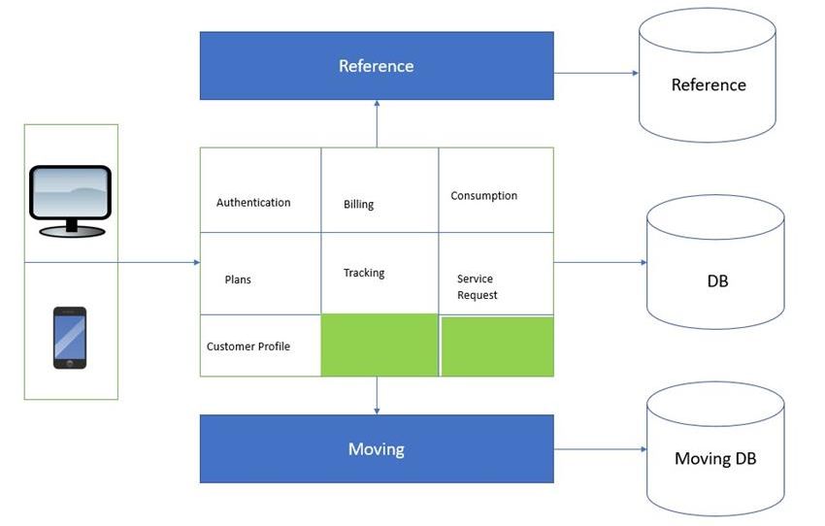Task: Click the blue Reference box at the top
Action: (377, 66)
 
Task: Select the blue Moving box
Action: (377, 449)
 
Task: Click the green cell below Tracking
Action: (379, 345)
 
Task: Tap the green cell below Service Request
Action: (497, 346)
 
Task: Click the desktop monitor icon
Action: (70, 200)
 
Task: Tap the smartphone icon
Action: (70, 338)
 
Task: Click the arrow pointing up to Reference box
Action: (377, 123)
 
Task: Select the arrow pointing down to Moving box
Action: (377, 396)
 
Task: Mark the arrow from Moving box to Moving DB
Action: (599, 449)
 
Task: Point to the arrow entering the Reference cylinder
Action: (596, 73)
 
